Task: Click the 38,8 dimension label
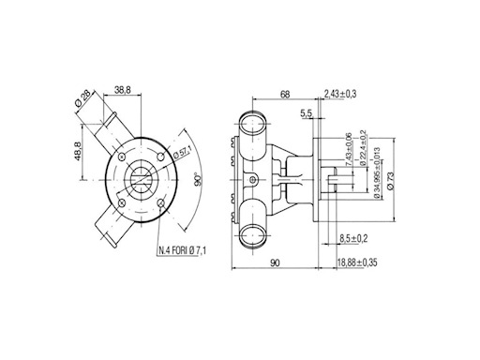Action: pyautogui.click(x=122, y=90)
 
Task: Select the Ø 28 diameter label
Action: pyautogui.click(x=83, y=97)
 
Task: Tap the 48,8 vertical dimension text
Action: pyautogui.click(x=78, y=151)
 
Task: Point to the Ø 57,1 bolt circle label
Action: pyautogui.click(x=182, y=153)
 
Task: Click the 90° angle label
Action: pyautogui.click(x=198, y=179)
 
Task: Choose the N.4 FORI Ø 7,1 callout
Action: pyautogui.click(x=183, y=250)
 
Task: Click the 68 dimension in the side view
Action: pyautogui.click(x=285, y=94)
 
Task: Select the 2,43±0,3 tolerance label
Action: pyautogui.click(x=340, y=94)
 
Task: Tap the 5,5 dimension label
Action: pyautogui.click(x=307, y=113)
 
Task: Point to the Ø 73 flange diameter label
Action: pyautogui.click(x=391, y=180)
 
